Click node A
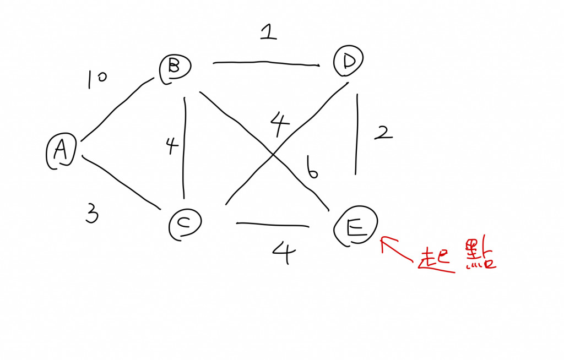click(x=60, y=151)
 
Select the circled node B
click(x=175, y=69)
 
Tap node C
click(x=186, y=224)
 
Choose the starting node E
click(x=356, y=227)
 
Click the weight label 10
click(x=96, y=80)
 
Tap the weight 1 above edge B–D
click(x=268, y=33)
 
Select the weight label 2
click(x=383, y=133)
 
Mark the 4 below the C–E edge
click(x=284, y=253)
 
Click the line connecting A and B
click(x=116, y=108)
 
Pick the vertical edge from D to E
click(x=357, y=135)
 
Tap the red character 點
click(x=479, y=254)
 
